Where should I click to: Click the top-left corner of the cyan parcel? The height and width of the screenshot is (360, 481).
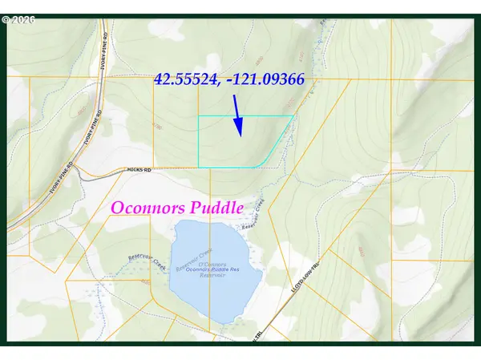click(199, 118)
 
